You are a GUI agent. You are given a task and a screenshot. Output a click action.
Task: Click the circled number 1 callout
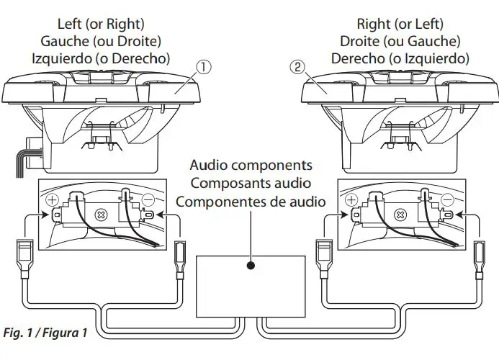[204, 68]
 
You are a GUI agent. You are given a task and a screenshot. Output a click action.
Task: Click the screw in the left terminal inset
[102, 215]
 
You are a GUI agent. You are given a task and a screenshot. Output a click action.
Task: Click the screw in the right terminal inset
[402, 215]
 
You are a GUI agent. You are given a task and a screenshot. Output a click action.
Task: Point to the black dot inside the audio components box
[250, 265]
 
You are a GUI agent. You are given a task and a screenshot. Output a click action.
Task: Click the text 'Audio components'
[250, 166]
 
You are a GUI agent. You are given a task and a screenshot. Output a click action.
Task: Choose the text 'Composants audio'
[250, 183]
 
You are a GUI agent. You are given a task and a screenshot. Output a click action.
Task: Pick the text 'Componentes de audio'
[250, 201]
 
